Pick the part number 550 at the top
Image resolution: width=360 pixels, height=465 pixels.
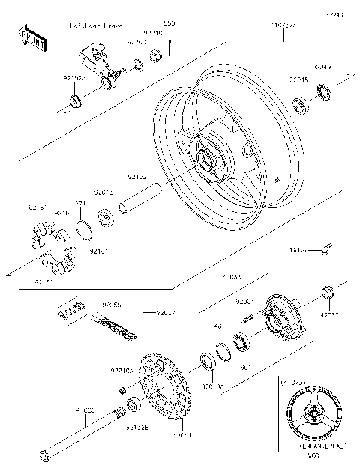pos(169,23)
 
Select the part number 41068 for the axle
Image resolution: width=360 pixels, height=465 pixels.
pos(84,410)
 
